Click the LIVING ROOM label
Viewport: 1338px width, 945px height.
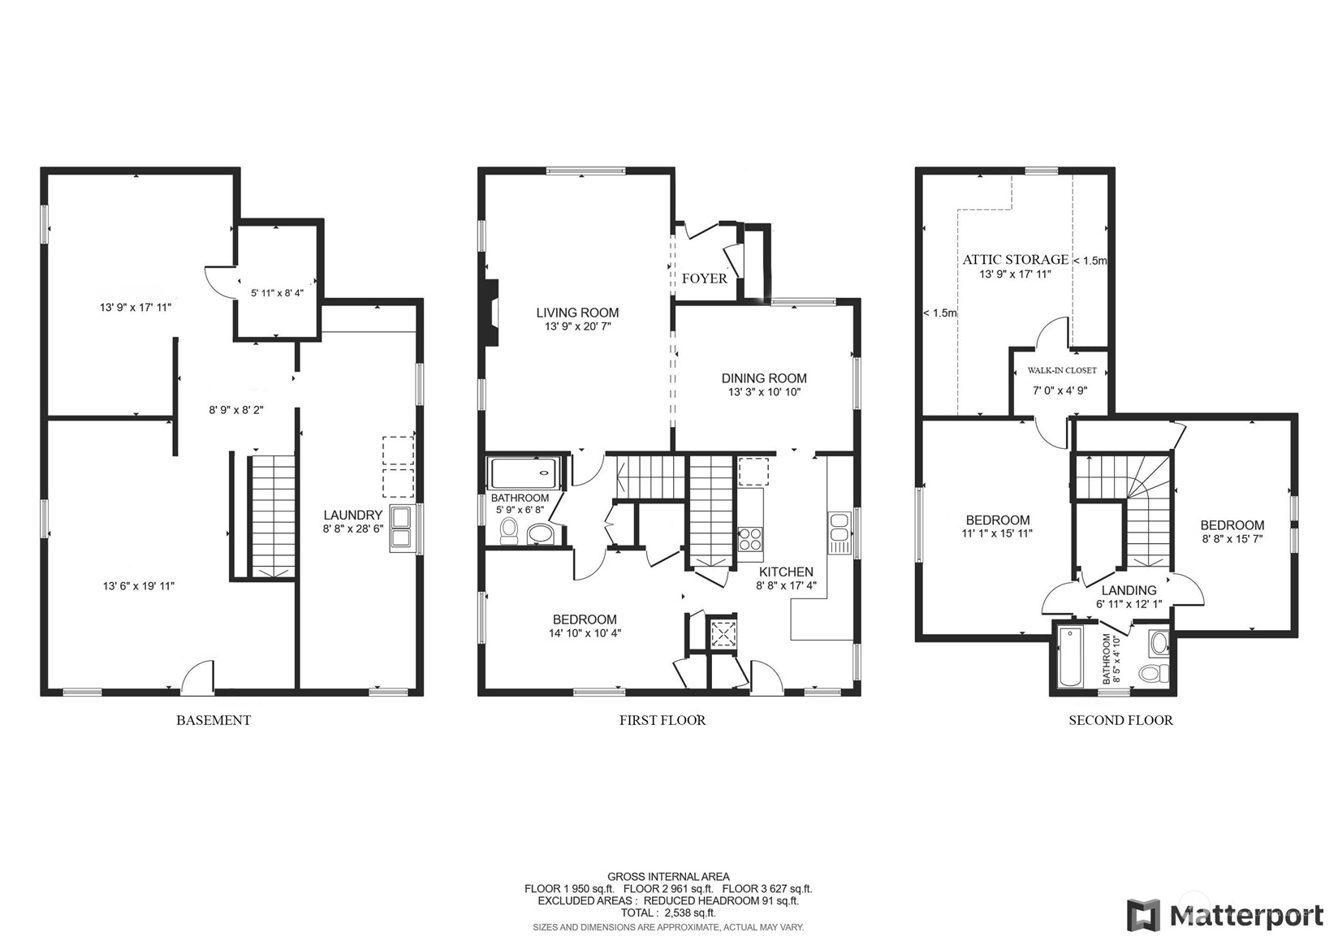click(x=577, y=313)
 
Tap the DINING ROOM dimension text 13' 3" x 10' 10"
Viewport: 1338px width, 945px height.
click(x=764, y=392)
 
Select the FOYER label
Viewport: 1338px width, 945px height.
click(x=704, y=278)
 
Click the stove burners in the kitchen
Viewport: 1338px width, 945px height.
click(x=750, y=539)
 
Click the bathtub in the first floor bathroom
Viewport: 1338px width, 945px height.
click(x=524, y=473)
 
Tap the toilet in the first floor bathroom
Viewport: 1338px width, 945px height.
click(x=509, y=531)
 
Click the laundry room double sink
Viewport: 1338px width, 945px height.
click(x=401, y=529)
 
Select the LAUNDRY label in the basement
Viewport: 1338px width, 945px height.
click(x=352, y=515)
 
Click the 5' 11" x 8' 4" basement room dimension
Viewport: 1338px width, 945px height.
click(x=277, y=293)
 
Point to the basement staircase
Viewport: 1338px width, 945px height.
click(x=272, y=516)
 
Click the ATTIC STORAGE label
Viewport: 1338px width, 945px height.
click(x=1015, y=260)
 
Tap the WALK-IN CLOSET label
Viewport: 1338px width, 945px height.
click(x=1061, y=370)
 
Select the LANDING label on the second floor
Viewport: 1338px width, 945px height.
click(x=1129, y=590)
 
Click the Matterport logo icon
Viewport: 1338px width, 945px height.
click(x=1143, y=915)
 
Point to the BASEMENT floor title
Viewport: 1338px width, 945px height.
click(x=214, y=720)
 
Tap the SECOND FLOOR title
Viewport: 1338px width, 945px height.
click(x=1120, y=720)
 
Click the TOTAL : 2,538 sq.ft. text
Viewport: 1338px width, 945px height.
click(x=668, y=913)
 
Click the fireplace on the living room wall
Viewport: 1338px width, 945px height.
click(x=490, y=313)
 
